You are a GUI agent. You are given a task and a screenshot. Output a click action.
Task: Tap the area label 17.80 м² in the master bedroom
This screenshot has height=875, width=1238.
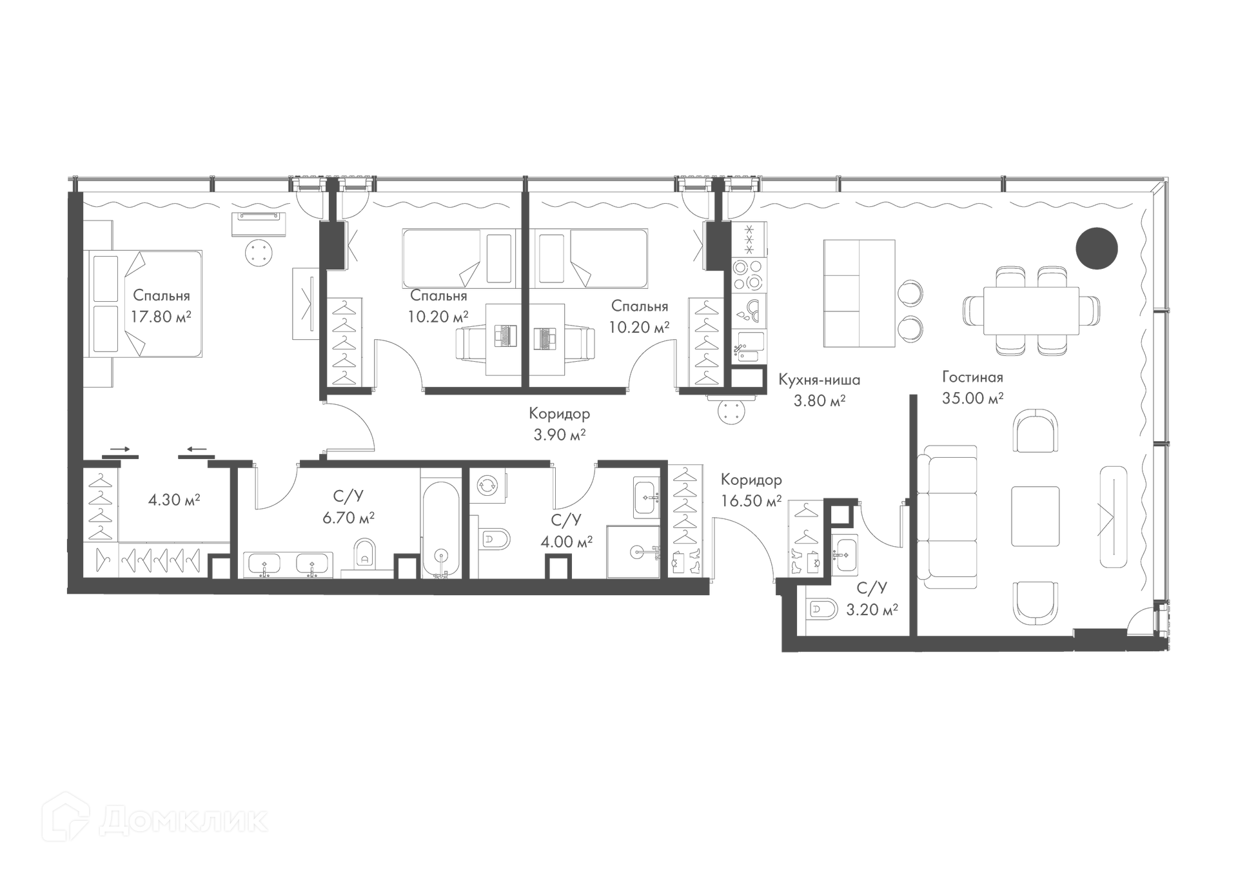(161, 317)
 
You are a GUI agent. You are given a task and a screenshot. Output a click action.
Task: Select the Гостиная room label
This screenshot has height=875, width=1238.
(972, 377)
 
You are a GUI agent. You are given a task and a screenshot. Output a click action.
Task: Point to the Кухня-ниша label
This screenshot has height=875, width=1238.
(819, 380)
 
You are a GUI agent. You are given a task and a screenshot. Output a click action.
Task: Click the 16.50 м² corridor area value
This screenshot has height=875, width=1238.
(751, 501)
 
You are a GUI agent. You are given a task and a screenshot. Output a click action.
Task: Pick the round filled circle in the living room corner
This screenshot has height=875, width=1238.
(1096, 248)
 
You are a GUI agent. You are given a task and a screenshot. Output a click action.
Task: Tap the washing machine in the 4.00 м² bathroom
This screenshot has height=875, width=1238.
(487, 485)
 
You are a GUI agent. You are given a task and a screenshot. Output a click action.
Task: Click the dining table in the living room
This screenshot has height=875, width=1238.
(1031, 311)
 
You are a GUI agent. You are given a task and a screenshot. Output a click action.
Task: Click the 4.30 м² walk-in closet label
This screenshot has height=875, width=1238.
(174, 500)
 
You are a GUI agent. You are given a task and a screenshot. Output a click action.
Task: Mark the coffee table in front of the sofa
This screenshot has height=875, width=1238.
(1035, 516)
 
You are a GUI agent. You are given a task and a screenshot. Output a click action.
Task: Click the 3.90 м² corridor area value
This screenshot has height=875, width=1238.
(559, 435)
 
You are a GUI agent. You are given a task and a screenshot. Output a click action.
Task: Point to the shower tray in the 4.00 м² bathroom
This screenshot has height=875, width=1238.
(633, 551)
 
